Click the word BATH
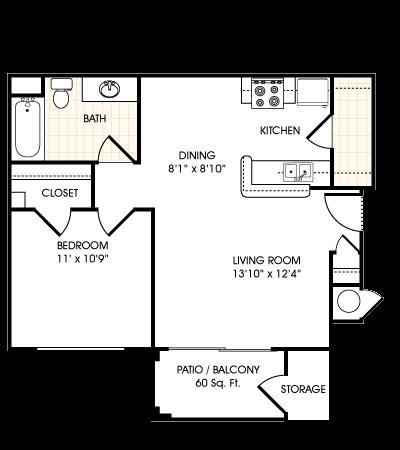(94, 118)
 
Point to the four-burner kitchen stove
(268, 93)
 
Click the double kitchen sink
(297, 172)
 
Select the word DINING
(196, 155)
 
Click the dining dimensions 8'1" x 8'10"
(196, 168)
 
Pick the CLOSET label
(60, 193)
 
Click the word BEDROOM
(82, 245)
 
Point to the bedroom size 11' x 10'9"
(82, 258)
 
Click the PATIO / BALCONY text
(217, 369)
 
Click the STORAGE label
(302, 389)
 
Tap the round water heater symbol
(350, 300)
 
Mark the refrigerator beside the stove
(313, 93)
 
